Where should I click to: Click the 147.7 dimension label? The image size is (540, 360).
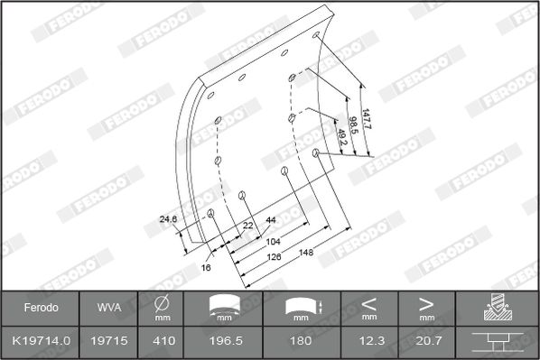pyautogui.click(x=366, y=119)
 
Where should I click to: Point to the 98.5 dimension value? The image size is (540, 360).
pyautogui.click(x=353, y=125)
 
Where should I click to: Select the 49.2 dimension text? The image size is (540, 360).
pyautogui.click(x=341, y=137)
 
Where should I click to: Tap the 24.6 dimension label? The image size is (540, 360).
pyautogui.click(x=168, y=219)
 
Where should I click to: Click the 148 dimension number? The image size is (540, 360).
pyautogui.click(x=306, y=253)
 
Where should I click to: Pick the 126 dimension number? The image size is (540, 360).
pyautogui.click(x=274, y=257)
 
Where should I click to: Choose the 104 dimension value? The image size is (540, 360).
pyautogui.click(x=273, y=242)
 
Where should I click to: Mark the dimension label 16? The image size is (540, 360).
pyautogui.click(x=206, y=267)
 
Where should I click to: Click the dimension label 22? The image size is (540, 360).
pyautogui.click(x=248, y=226)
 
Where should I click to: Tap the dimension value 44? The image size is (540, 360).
pyautogui.click(x=271, y=220)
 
